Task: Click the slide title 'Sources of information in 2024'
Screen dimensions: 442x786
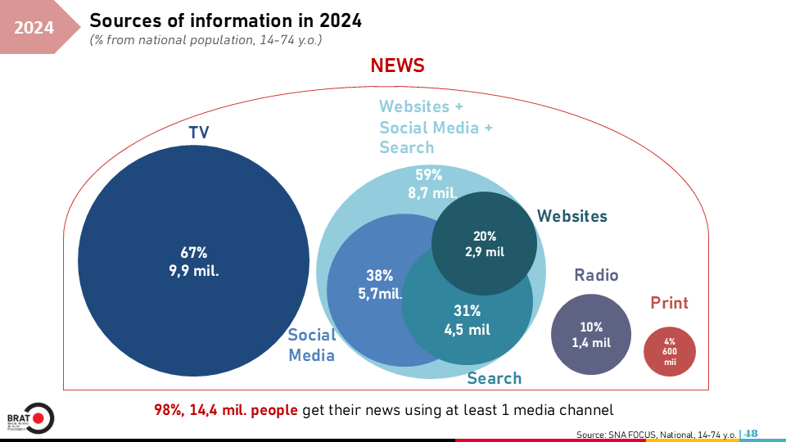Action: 225,20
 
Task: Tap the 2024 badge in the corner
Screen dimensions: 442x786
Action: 34,28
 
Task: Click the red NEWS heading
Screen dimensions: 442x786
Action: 397,65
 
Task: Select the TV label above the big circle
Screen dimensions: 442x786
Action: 199,133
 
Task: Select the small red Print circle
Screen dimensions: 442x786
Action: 670,351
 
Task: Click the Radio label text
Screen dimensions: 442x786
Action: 596,275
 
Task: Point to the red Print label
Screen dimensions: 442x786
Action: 670,303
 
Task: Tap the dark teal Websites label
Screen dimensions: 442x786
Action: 572,216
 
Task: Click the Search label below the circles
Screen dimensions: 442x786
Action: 494,378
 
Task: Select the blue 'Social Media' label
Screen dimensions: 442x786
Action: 311,345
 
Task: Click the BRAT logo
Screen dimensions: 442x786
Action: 29,418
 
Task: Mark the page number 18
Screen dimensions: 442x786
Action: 752,433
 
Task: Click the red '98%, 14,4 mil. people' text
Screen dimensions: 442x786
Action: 226,409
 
